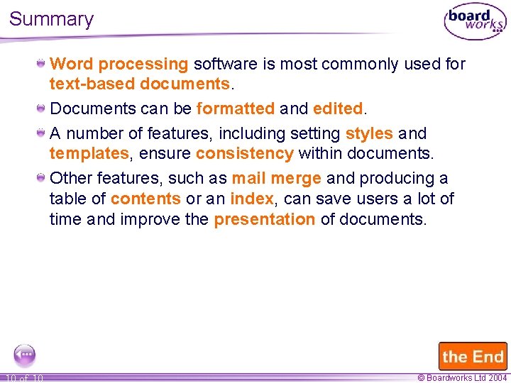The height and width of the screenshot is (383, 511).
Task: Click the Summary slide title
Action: coord(51,19)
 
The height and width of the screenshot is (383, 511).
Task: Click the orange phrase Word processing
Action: coord(119,65)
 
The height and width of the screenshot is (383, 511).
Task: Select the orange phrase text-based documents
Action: coord(140,84)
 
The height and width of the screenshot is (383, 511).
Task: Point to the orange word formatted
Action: coord(235,109)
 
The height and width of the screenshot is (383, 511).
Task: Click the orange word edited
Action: coord(338,109)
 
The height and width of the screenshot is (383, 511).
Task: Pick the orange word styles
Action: coord(369,133)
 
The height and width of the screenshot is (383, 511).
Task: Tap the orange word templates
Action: coord(89,153)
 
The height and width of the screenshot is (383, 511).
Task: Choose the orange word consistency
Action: coord(245,153)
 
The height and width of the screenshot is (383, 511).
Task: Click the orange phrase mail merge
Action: coord(276,179)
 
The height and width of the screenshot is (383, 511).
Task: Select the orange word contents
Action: coord(145,199)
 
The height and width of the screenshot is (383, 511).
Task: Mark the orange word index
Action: coord(251,199)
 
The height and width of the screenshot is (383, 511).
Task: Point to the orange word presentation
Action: coord(265,219)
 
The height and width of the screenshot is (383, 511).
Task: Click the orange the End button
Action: coord(473,356)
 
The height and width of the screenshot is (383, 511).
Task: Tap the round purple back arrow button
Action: coord(25,354)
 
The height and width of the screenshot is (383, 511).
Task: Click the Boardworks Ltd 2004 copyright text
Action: coord(462,378)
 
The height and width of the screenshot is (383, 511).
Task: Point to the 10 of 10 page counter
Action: coord(24,378)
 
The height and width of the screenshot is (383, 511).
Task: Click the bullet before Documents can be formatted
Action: coord(42,109)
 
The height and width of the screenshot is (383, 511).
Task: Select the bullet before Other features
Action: coord(42,178)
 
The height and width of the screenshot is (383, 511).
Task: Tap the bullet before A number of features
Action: coord(42,133)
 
